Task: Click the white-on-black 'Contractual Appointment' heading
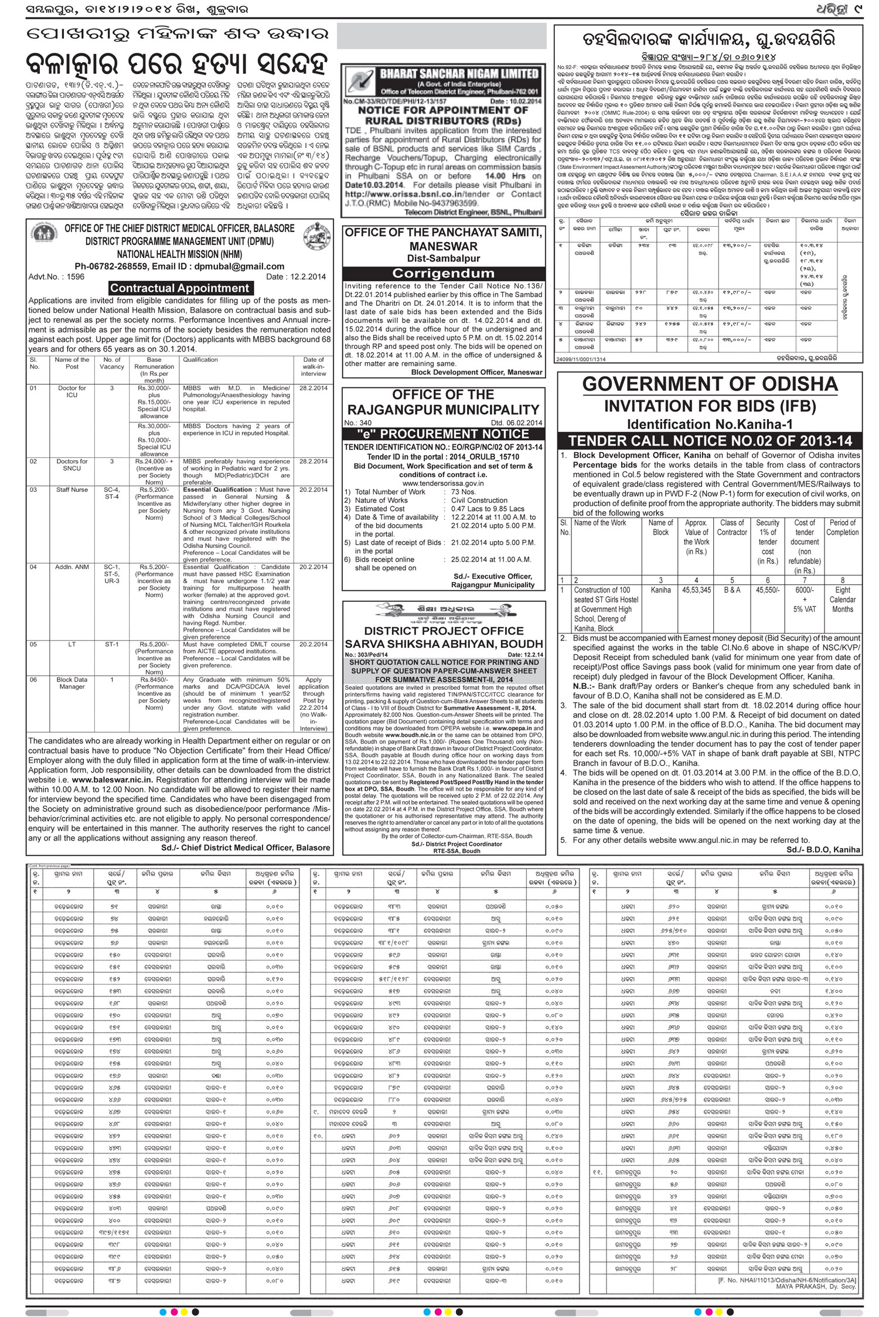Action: point(180,288)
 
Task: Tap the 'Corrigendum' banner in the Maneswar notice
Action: point(443,273)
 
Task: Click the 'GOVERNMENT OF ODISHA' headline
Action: point(710,384)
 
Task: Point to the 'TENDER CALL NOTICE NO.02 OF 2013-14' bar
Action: point(710,441)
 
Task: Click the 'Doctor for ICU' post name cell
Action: point(72,392)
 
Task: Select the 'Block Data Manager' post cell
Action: point(72,683)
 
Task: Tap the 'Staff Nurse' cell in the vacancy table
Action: point(72,489)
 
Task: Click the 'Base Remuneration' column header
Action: point(154,370)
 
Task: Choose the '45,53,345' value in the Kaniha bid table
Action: point(696,590)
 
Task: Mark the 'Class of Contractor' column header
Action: point(732,527)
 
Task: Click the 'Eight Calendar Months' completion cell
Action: point(843,600)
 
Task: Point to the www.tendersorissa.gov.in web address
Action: point(443,483)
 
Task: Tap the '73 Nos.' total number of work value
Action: point(464,492)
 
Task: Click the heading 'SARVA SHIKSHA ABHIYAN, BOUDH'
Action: point(443,644)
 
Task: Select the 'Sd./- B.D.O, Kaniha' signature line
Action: point(823,849)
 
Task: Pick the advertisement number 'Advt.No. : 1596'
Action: point(56,277)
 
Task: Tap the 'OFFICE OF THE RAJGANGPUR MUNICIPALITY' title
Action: point(443,402)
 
